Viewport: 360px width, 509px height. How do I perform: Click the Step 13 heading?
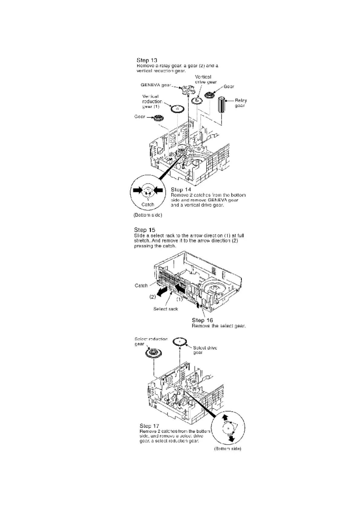tap(147, 60)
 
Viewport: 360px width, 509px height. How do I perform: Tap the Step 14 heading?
tap(181, 190)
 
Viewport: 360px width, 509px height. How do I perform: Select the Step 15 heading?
tap(145, 230)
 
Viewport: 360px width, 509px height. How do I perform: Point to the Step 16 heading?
tap(202, 320)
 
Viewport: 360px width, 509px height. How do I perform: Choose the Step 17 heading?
tap(149, 426)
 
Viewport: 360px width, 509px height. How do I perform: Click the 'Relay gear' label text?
tap(241, 103)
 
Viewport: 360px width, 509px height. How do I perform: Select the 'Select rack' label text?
tap(165, 309)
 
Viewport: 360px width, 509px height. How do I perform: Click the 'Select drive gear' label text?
tap(205, 350)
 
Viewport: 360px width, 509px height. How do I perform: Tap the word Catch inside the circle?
tap(148, 204)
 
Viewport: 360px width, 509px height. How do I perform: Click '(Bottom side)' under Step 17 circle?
tap(227, 449)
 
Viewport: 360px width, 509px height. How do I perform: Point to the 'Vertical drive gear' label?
tap(205, 79)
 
